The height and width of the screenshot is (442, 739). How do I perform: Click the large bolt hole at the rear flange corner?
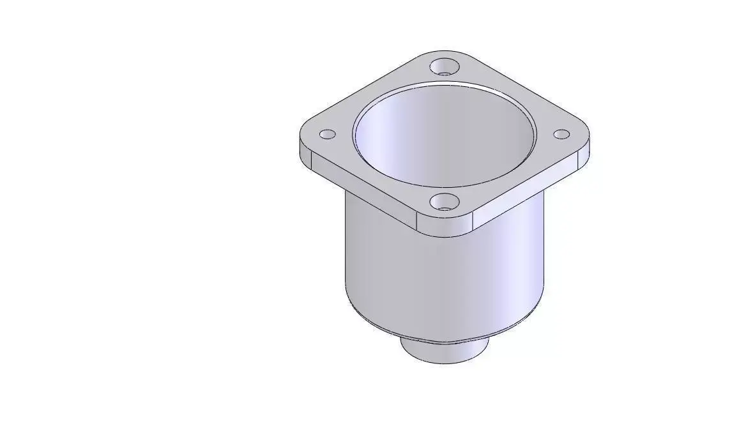pyautogui.click(x=445, y=66)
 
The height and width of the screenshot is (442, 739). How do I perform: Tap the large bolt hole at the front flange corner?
pyautogui.click(x=445, y=202)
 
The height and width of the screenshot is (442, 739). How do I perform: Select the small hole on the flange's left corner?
pyautogui.click(x=327, y=135)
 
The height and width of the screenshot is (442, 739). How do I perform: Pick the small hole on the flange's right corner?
pyautogui.click(x=561, y=134)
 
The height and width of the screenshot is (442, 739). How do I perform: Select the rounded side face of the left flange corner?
pyautogui.click(x=305, y=152)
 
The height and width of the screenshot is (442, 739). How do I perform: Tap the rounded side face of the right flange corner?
pyautogui.click(x=584, y=155)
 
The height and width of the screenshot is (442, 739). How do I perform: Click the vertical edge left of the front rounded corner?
pyautogui.click(x=417, y=220)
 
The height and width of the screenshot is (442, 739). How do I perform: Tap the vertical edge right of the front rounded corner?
pyautogui.click(x=473, y=221)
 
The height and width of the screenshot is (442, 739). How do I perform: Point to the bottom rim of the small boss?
pyautogui.click(x=445, y=362)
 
